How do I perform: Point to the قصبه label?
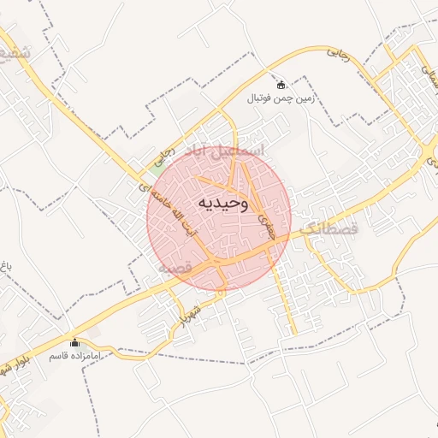[173, 269]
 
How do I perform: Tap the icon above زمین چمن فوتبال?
[282, 85]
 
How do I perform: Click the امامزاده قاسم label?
[74, 354]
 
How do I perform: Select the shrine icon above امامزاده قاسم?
[74, 341]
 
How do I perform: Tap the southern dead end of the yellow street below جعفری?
[295, 334]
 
